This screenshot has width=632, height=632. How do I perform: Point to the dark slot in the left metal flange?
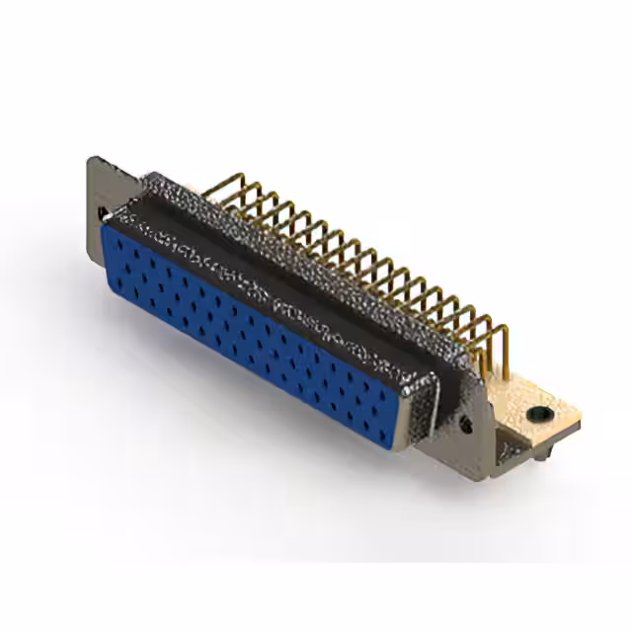pos(102,212)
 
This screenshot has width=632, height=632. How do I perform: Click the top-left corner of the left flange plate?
pos(91,158)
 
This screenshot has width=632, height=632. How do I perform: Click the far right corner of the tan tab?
pos(581,420)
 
